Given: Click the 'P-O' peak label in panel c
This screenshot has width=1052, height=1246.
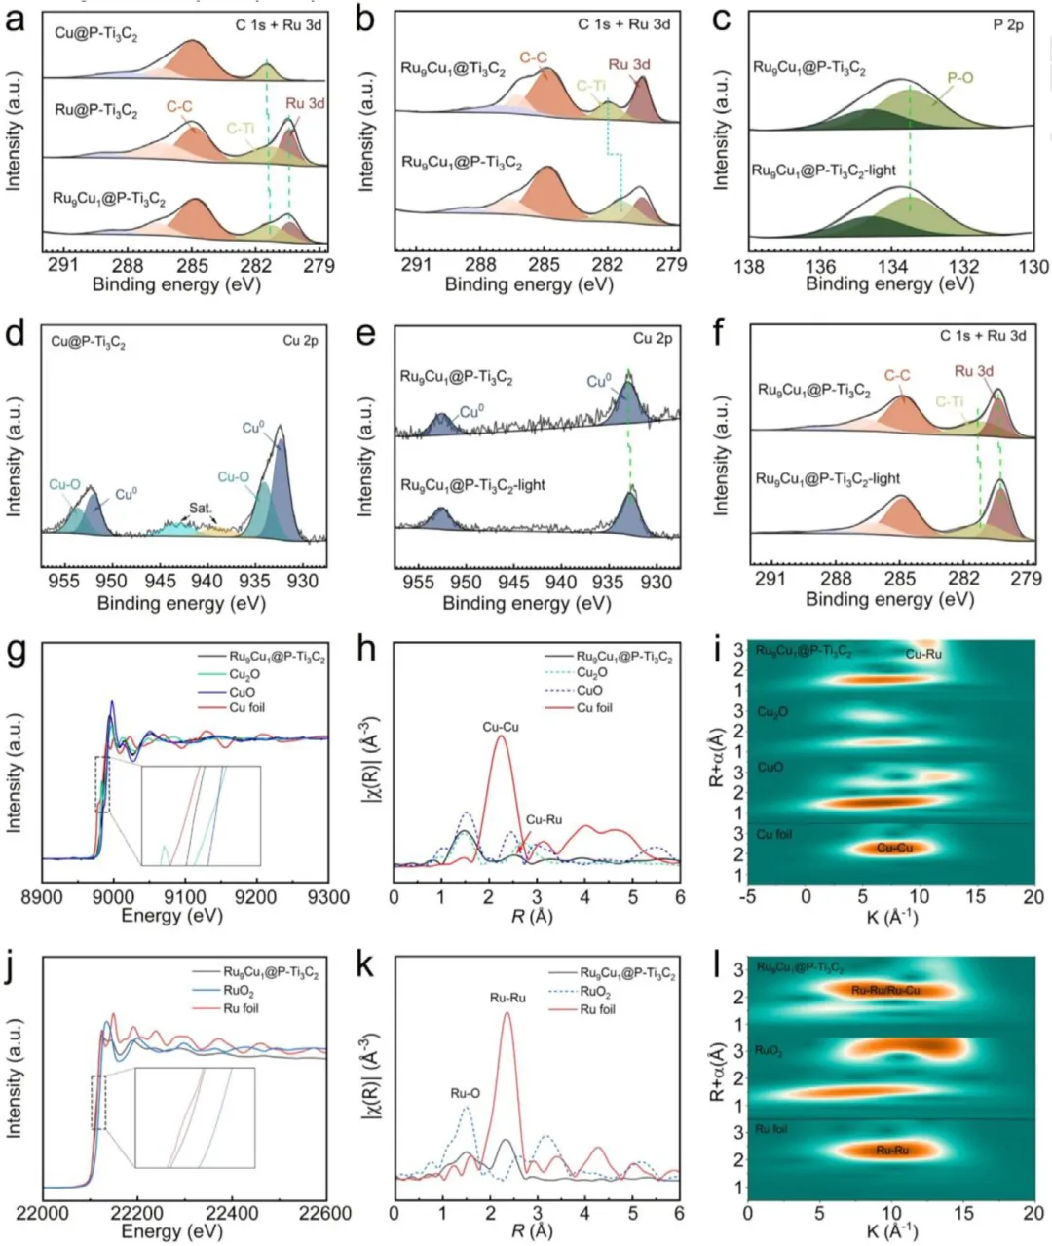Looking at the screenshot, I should point(959,77).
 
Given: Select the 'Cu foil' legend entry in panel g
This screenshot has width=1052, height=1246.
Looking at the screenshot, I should point(247,707).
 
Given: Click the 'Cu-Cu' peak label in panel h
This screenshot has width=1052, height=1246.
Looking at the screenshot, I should point(501,727).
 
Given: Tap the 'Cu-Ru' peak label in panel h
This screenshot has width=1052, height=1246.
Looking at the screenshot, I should point(544,819).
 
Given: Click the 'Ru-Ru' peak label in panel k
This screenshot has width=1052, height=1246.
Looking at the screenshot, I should point(506,997).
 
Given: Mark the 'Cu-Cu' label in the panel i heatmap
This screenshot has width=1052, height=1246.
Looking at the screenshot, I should point(894,848).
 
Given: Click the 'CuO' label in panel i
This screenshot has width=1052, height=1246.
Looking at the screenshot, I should point(770,768).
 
